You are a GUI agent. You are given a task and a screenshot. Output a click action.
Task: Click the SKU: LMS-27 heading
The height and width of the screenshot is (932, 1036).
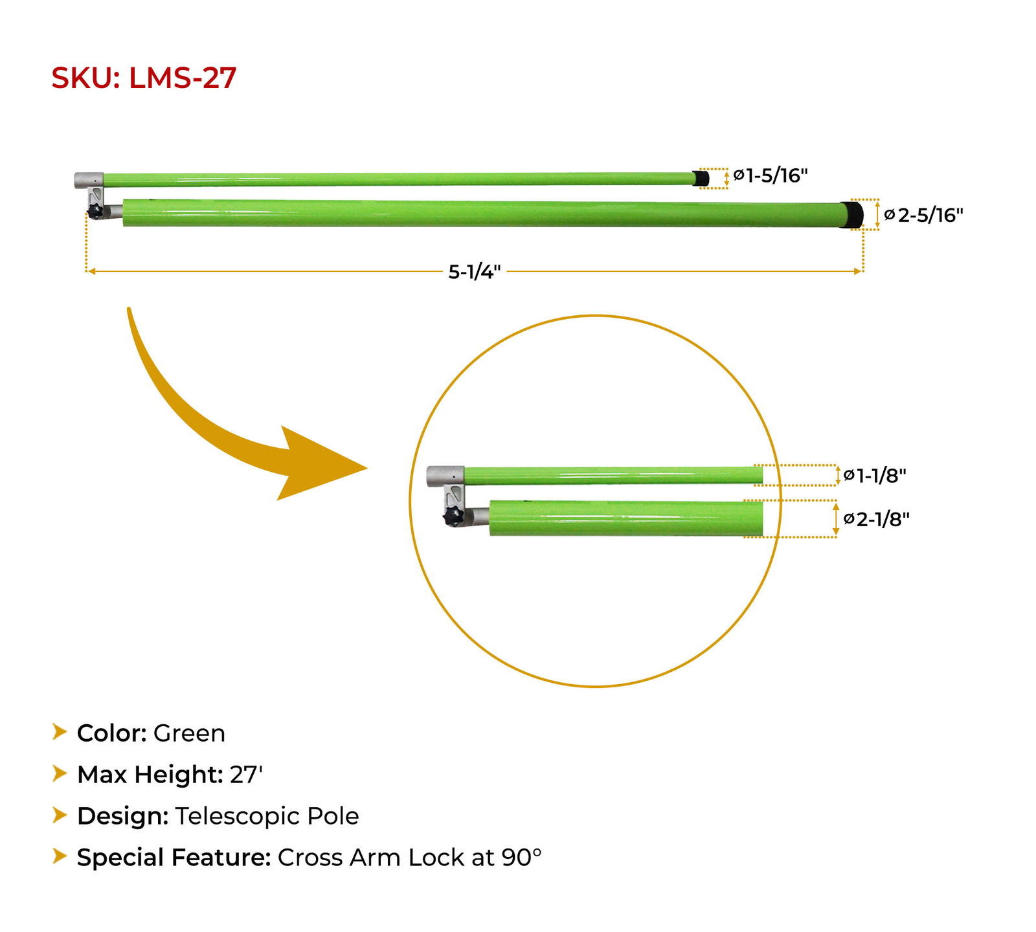pyautogui.click(x=144, y=78)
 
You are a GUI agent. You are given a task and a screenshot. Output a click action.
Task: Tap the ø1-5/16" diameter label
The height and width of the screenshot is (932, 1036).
pyautogui.click(x=771, y=175)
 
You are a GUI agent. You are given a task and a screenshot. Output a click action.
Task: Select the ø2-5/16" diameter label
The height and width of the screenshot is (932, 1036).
pyautogui.click(x=924, y=215)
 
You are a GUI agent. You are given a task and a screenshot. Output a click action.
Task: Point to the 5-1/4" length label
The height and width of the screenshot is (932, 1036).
pyautogui.click(x=475, y=272)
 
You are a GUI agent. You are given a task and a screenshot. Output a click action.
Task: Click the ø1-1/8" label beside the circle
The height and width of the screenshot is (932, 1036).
pyautogui.click(x=875, y=476)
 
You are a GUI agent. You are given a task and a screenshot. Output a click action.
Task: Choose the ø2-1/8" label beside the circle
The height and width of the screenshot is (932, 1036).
pyautogui.click(x=877, y=519)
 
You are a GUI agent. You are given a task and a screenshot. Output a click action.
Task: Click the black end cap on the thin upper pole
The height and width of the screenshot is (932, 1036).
pyautogui.click(x=701, y=178)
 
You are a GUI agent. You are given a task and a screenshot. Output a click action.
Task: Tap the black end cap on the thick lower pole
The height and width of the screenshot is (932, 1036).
pyautogui.click(x=853, y=214)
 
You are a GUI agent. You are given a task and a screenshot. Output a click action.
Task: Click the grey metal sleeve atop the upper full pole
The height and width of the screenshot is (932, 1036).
pyautogui.click(x=89, y=180)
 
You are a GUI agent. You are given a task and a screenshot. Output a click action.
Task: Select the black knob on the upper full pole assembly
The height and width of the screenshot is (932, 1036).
pyautogui.click(x=96, y=212)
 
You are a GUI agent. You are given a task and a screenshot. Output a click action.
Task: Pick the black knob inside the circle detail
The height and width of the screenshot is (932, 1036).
pyautogui.click(x=454, y=517)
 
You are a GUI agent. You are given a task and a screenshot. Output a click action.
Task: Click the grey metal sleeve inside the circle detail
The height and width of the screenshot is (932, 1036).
pyautogui.click(x=446, y=476)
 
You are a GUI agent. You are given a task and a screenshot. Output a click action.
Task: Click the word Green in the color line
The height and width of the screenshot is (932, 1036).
pyautogui.click(x=189, y=733)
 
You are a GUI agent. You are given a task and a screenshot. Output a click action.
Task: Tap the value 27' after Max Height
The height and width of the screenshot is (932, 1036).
pyautogui.click(x=246, y=775)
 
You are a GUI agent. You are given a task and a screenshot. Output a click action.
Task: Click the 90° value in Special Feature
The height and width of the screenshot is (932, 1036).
pyautogui.click(x=521, y=858)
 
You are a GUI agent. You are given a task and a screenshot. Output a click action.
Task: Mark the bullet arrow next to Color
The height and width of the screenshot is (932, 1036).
pyautogui.click(x=60, y=732)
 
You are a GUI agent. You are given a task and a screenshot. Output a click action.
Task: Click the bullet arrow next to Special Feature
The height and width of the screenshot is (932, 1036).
pyautogui.click(x=60, y=856)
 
